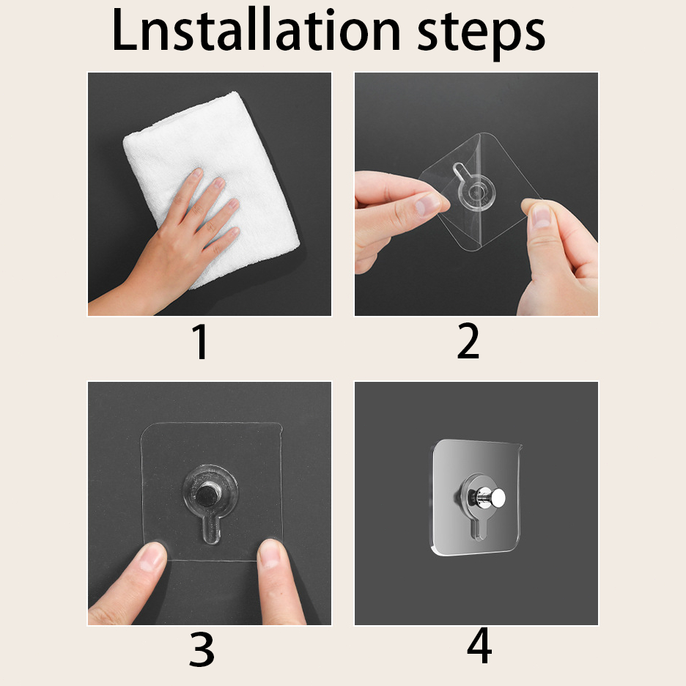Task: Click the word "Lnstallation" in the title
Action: coord(256,31)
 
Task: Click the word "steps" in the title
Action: coord(481,35)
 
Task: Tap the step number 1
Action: coord(200,342)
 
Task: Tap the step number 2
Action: coord(468,341)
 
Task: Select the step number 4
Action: coord(479,645)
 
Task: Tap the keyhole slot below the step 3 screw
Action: coord(212,528)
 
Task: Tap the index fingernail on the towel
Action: coord(196,173)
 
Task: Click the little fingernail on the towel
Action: coord(234,232)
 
